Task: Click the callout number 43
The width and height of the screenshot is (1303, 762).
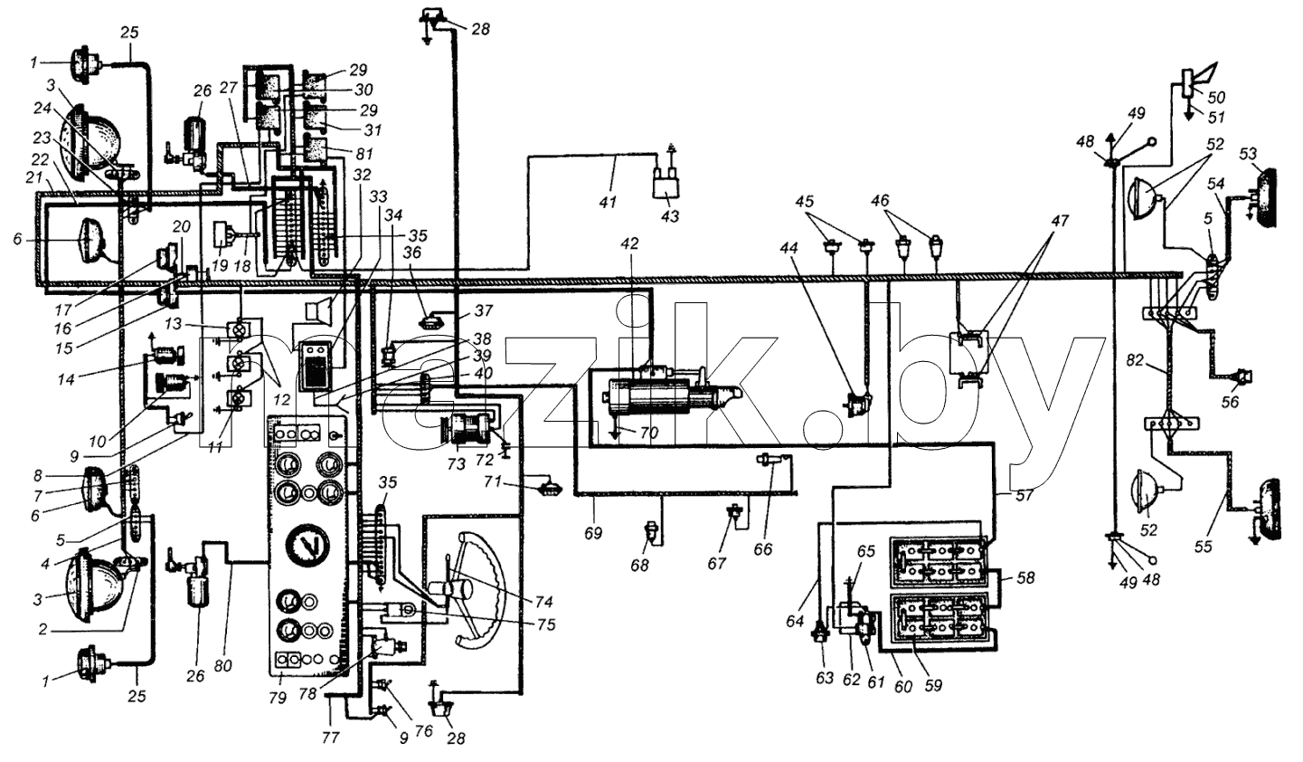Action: click(x=670, y=216)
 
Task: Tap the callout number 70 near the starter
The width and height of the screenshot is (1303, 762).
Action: click(x=648, y=433)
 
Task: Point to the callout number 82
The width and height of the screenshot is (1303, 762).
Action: click(x=1135, y=361)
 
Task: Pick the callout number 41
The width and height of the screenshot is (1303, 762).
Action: click(x=609, y=202)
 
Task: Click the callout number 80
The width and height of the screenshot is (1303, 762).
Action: click(x=222, y=665)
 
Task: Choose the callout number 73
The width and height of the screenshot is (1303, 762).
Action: click(x=458, y=464)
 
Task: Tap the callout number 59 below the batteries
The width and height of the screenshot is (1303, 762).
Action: click(x=933, y=685)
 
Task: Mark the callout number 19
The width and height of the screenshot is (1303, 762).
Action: click(x=220, y=265)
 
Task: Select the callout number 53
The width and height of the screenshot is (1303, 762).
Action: click(x=1247, y=154)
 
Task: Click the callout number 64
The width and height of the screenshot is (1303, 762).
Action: click(x=795, y=621)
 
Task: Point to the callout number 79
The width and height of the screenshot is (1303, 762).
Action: click(x=278, y=697)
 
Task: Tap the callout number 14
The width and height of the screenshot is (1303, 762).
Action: click(x=66, y=379)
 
